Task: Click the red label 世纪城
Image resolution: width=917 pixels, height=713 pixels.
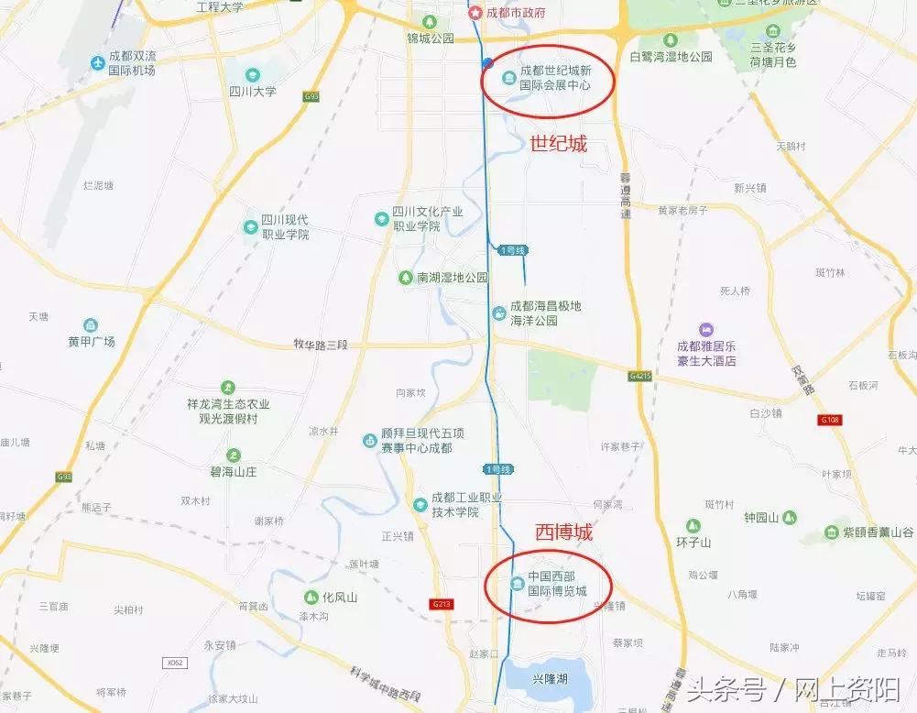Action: click(558, 144)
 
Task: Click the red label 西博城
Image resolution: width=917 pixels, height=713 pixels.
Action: click(563, 532)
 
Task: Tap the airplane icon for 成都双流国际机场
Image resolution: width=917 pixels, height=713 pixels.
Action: click(98, 62)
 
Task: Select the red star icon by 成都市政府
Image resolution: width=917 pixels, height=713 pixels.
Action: click(474, 13)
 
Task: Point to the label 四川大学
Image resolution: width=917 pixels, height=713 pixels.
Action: click(253, 92)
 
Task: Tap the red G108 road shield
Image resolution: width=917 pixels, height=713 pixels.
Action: click(829, 420)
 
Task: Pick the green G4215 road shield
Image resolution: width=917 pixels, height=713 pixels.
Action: click(641, 376)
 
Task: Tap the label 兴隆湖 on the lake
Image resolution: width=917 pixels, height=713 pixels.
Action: click(550, 678)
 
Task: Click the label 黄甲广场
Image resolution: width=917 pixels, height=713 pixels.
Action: click(92, 341)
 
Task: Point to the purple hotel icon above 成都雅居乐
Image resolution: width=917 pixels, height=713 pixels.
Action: click(705, 329)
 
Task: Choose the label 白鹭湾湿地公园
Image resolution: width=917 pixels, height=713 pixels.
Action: click(671, 56)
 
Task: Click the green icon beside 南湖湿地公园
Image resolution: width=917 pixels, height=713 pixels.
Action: click(405, 277)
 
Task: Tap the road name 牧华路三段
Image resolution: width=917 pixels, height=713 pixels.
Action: click(322, 344)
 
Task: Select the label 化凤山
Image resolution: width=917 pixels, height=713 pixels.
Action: click(340, 597)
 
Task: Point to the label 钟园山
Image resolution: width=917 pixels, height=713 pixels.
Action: click(760, 518)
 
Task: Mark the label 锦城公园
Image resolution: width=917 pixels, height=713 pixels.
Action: click(431, 38)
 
